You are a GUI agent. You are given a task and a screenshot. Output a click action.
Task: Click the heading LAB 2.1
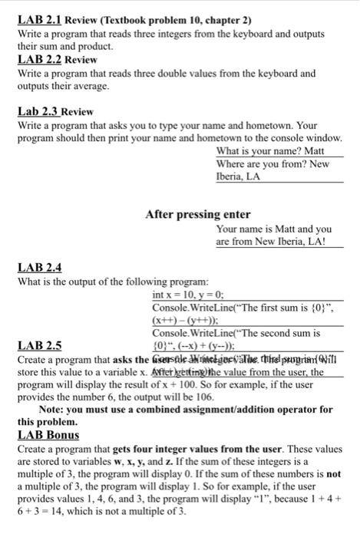(x=40, y=11)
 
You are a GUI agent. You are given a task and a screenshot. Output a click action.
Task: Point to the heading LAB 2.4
(x=38, y=268)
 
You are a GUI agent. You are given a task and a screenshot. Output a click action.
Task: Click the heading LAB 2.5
(x=38, y=344)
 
